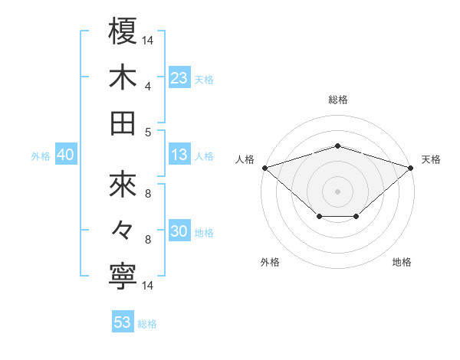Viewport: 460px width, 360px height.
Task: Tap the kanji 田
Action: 123,123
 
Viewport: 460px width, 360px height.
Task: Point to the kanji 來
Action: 123,185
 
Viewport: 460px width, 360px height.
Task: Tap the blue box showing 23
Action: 179,77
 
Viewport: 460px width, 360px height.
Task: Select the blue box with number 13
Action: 179,155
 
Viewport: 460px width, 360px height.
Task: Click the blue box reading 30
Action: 179,232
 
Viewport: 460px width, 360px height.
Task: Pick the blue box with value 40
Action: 65,155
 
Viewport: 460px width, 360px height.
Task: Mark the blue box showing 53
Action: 122,322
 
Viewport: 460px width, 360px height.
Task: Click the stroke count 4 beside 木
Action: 148,87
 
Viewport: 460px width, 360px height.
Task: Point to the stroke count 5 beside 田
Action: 148,132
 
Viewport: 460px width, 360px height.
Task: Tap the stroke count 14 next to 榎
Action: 148,40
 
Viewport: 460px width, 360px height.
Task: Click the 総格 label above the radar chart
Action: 337,100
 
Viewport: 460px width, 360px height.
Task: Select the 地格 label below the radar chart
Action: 402,262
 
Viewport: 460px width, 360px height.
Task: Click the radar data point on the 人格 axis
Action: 264,167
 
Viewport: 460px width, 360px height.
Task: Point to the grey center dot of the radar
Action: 337,191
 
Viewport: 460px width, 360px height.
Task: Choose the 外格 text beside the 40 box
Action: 41,155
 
